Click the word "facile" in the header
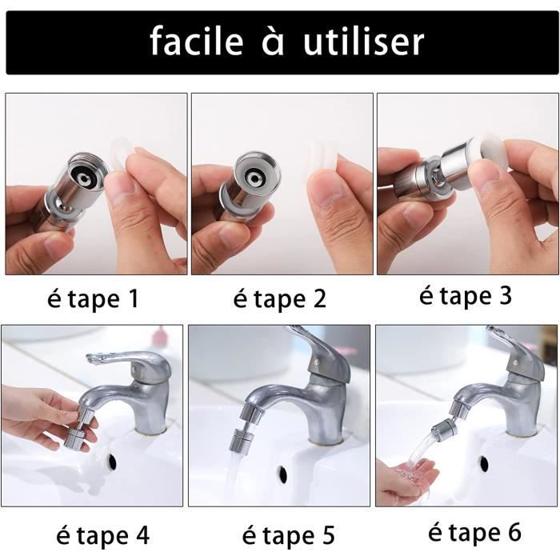click(197, 41)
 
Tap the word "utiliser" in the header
click(363, 41)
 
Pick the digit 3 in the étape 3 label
click(506, 296)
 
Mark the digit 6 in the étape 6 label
click(514, 532)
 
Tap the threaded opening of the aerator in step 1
click(86, 170)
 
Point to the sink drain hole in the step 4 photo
click(112, 461)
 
